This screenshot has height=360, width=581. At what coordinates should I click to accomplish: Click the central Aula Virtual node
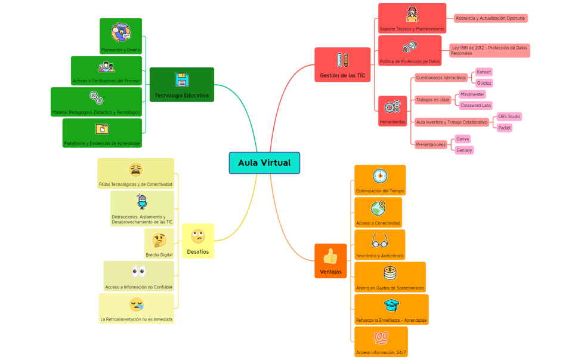[264, 163]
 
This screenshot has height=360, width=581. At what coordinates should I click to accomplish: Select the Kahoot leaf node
[484, 72]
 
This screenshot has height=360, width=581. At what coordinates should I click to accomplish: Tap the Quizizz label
[484, 83]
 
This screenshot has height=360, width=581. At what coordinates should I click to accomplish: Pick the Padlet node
[504, 128]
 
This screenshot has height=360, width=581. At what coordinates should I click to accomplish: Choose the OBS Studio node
[509, 116]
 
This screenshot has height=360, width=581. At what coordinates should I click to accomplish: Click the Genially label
[464, 150]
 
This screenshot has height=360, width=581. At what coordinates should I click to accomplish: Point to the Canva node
[462, 139]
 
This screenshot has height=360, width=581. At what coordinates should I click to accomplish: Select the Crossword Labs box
[476, 106]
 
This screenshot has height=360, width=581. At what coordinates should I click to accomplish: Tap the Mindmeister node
[472, 94]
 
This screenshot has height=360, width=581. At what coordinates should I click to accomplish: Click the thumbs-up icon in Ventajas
[330, 256]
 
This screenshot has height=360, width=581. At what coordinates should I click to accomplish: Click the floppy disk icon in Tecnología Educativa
[181, 80]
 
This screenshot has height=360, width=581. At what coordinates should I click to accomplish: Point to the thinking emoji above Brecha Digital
[159, 240]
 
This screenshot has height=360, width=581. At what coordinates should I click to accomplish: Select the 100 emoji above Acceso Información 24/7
[380, 337]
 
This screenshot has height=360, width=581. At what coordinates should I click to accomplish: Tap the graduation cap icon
[391, 305]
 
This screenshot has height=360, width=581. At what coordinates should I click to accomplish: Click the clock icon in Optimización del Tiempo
[380, 176]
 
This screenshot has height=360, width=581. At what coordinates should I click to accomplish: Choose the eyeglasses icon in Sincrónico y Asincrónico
[380, 241]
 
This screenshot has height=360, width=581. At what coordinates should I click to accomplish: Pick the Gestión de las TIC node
[342, 65]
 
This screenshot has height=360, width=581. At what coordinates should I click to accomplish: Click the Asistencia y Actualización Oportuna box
[490, 19]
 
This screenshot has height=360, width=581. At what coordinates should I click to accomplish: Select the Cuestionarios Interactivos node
[441, 78]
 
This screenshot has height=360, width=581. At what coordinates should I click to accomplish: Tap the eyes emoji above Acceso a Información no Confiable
[138, 273]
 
